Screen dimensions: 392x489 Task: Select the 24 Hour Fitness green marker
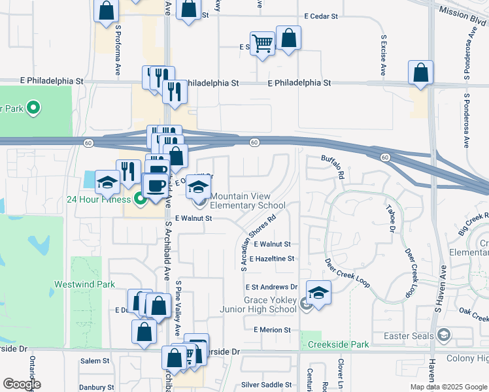click(x=139, y=198)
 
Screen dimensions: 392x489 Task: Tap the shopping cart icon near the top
click(x=262, y=44)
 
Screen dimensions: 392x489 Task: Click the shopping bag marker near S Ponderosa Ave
click(x=421, y=73)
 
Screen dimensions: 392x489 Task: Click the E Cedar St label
click(x=329, y=16)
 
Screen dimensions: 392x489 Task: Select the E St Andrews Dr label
click(x=271, y=287)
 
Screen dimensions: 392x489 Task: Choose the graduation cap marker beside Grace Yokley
click(x=318, y=293)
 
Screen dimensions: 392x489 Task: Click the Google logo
click(x=21, y=384)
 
